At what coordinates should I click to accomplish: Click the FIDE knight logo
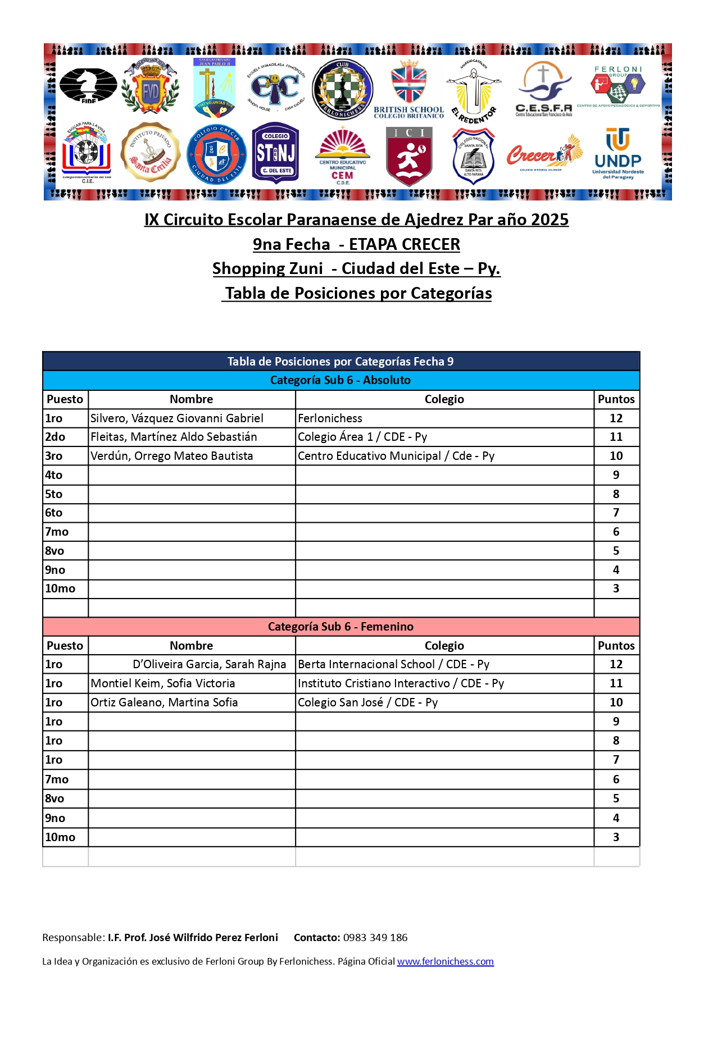pos(88,86)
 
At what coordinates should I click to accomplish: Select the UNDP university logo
pos(618,153)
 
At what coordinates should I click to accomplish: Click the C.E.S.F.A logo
pos(543,89)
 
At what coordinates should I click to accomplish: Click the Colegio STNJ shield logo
pos(275,153)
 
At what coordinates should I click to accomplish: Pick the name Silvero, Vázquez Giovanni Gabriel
pos(177,418)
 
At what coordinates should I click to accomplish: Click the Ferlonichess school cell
pos(330,418)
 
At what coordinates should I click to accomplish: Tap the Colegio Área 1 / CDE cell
pos(362,437)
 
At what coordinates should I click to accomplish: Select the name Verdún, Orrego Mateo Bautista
pos(172,456)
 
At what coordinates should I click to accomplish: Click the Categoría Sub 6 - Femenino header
pos(340,627)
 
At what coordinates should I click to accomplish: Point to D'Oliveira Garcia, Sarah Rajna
pos(209,664)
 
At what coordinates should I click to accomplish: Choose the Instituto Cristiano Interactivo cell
pos(401,683)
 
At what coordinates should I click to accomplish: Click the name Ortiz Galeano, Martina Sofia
pos(164,702)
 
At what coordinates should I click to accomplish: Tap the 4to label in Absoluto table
pos(54,475)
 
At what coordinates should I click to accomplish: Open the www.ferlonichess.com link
pos(445,961)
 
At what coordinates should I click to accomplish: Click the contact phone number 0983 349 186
pos(375,937)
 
